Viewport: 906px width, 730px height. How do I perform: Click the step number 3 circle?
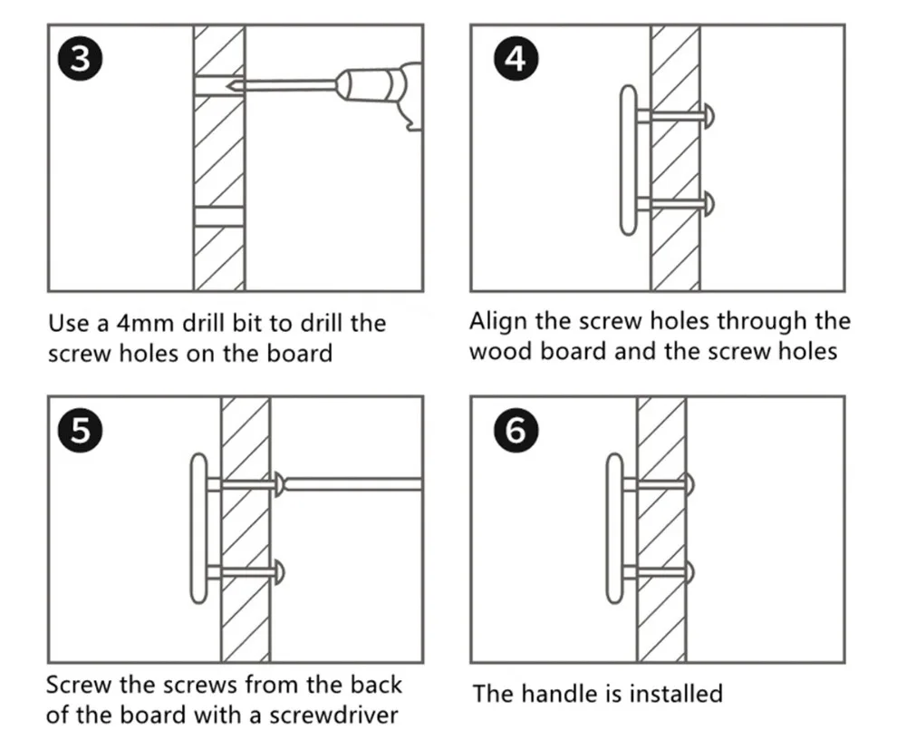[81, 58]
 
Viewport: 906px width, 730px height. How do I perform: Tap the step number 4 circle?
[516, 58]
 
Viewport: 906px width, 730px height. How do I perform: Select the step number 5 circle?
[81, 431]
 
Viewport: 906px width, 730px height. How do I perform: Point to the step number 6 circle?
[516, 431]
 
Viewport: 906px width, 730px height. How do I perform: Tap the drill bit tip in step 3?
[227, 86]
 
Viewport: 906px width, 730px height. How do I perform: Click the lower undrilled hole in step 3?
[219, 217]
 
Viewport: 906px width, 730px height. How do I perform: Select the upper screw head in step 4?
[709, 116]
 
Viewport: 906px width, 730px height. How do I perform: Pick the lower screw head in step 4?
[709, 204]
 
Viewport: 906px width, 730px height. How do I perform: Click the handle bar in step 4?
[629, 161]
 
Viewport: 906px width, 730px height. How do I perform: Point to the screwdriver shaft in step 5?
[353, 484]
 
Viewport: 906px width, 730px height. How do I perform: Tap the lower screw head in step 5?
[280, 572]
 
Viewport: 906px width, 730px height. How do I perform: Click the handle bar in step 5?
[198, 529]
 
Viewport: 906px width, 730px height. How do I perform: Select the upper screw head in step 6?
[689, 485]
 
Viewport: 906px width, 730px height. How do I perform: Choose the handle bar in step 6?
[615, 529]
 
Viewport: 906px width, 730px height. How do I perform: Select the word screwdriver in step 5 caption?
[333, 715]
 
